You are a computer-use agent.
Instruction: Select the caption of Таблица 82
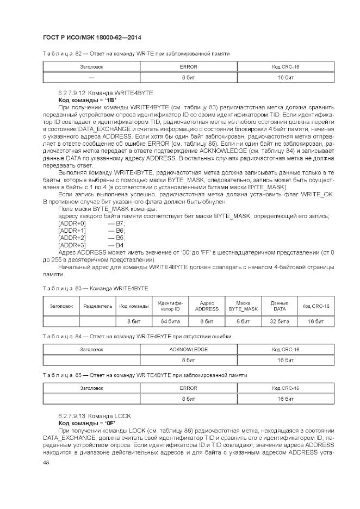point(136,54)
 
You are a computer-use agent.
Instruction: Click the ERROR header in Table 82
point(188,67)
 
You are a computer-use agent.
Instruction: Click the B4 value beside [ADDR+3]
point(120,245)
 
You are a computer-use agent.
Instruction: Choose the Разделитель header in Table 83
point(98,306)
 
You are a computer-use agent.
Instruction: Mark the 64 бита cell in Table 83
point(170,321)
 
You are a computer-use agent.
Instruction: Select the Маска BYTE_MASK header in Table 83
point(243,306)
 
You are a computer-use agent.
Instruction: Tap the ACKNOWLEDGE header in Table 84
point(188,349)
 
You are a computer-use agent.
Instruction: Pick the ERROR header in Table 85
point(188,388)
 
